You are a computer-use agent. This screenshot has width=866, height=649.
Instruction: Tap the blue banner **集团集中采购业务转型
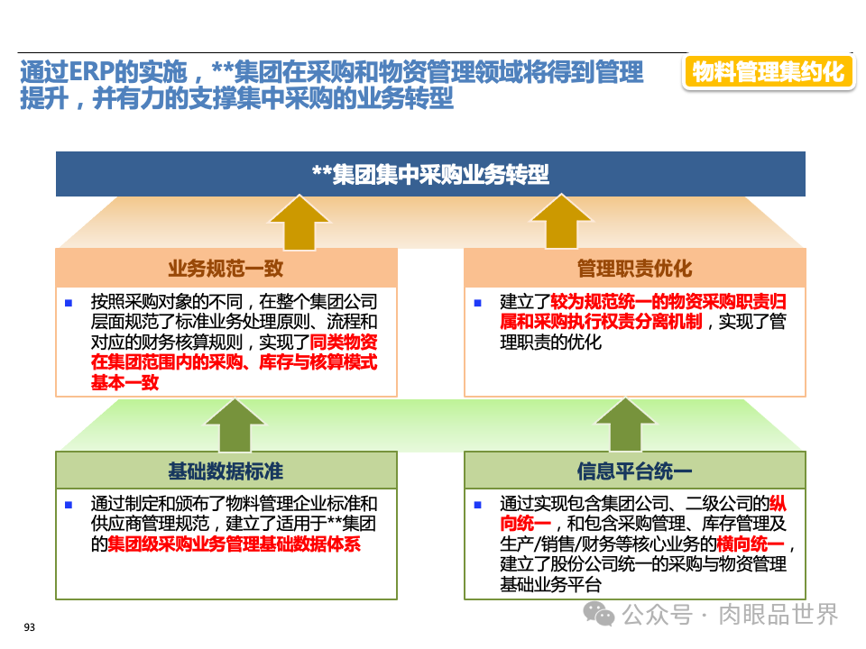tap(430, 174)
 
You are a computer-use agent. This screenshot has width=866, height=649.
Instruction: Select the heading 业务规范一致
tap(226, 268)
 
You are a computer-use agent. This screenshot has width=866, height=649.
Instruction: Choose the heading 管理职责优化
tap(634, 268)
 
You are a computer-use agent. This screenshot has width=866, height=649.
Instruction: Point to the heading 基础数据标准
tap(226, 471)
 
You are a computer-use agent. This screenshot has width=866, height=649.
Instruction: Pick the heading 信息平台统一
tap(634, 471)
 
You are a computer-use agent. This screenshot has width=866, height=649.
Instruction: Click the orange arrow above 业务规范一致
tap(299, 222)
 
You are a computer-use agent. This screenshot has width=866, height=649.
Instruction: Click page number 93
tap(29, 627)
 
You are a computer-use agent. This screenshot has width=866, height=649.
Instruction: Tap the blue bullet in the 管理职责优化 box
tap(477, 302)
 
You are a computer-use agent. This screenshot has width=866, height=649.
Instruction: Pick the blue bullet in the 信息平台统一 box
tap(477, 505)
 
